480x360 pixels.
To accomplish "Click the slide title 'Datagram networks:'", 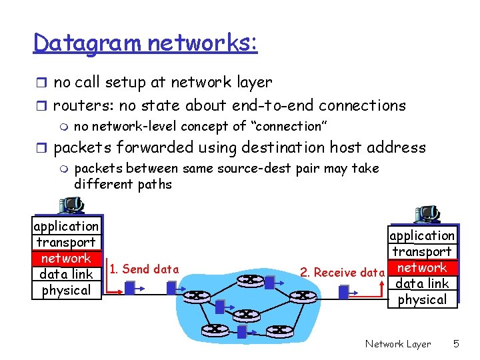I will pos(145,44).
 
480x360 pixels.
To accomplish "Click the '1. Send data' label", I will pos(144,269).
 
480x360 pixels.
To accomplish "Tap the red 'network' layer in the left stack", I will pos(66,258).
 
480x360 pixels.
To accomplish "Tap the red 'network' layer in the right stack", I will pos(422,267).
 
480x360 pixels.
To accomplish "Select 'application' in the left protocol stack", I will pos(66,226).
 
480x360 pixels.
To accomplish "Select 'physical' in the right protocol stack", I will pos(422,299).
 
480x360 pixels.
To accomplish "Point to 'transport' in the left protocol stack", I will pos(66,242).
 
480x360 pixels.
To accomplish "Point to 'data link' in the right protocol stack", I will pos(422,283).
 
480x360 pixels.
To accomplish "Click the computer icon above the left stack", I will pos(69,207).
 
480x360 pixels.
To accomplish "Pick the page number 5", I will pos(456,344).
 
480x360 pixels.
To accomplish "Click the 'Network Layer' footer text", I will pos(398,344).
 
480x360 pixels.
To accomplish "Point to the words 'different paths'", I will pos(123,184).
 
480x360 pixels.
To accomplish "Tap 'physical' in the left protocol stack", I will pos(66,290).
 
